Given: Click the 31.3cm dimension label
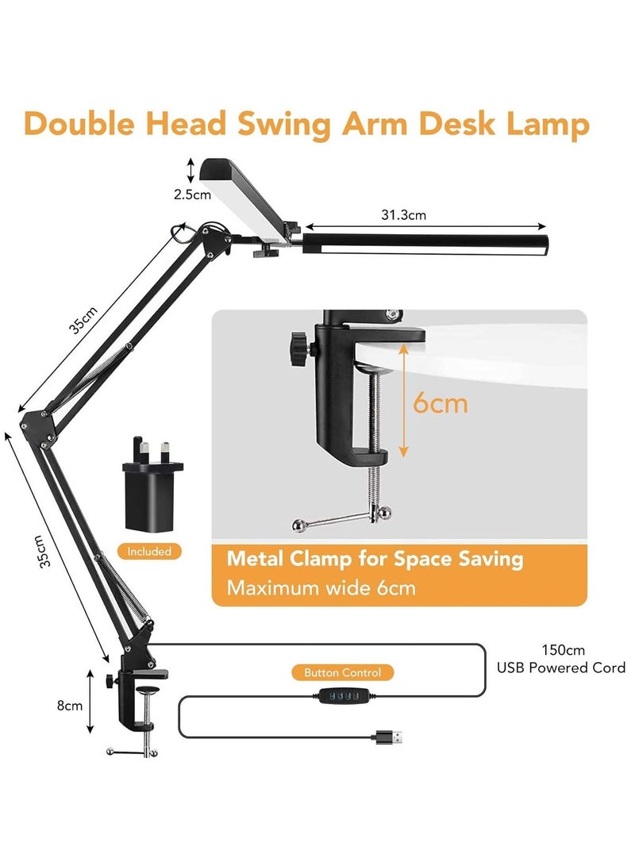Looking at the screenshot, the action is click(403, 215).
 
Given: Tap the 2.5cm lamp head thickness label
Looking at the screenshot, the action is click(192, 194).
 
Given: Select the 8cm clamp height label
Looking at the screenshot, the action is click(70, 706).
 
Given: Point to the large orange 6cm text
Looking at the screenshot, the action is click(440, 403).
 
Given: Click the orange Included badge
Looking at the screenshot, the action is click(149, 551).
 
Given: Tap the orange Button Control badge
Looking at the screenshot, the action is click(342, 672).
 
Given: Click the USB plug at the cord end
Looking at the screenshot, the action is click(389, 737).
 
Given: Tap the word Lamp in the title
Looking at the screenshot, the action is click(548, 124).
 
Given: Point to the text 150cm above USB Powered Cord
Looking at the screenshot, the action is click(563, 650).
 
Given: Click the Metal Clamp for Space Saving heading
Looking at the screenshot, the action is click(375, 559).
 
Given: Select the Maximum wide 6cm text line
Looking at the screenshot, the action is click(321, 587).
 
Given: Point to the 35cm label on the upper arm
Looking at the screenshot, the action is click(83, 320).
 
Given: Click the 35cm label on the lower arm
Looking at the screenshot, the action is click(41, 551).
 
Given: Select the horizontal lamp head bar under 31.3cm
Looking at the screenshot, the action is click(425, 244).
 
